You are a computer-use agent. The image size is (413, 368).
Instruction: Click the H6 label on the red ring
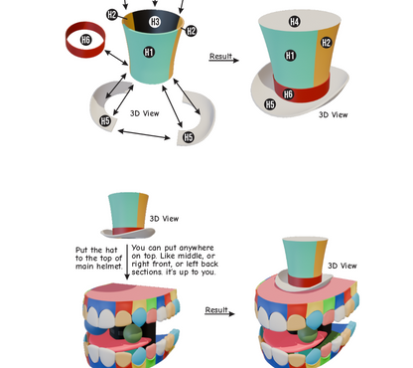(85, 40)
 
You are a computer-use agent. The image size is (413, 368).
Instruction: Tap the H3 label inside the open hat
(155, 22)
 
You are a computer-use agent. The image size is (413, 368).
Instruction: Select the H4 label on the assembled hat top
(294, 22)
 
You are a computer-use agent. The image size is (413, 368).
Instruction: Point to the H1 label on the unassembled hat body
(149, 52)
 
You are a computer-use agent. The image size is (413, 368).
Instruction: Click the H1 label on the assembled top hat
(290, 55)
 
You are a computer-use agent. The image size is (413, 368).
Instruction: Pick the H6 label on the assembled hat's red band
(288, 94)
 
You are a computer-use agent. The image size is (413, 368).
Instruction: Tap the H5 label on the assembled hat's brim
(270, 104)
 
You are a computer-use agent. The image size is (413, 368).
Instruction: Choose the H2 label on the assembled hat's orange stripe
(326, 43)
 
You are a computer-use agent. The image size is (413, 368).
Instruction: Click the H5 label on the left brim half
(105, 120)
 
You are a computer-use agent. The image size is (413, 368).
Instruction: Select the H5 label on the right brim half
(189, 137)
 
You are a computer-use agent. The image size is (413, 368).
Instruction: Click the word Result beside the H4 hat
(220, 56)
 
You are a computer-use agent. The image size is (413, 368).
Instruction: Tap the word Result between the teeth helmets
(216, 309)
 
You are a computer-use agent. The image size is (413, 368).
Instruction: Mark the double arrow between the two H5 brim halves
(144, 134)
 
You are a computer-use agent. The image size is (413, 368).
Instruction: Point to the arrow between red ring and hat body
(116, 58)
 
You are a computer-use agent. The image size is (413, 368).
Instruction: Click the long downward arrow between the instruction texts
(127, 262)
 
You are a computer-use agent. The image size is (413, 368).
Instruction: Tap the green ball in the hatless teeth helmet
(132, 333)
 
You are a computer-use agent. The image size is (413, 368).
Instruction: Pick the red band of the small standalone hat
(127, 231)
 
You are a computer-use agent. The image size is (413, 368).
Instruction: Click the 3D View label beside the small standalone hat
(164, 219)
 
